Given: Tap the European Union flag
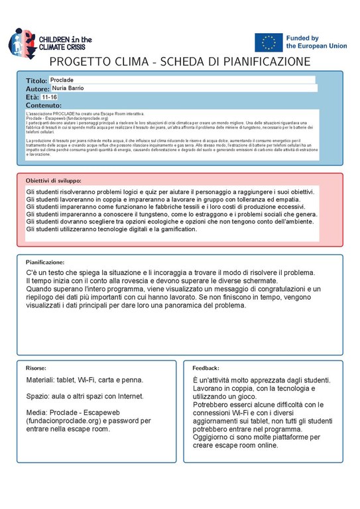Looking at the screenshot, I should [x=269, y=43].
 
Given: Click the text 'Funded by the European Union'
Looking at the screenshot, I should [x=316, y=43].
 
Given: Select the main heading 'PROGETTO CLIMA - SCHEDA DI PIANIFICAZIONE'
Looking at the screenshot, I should [x=180, y=62].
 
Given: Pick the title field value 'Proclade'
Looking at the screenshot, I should [x=62, y=80].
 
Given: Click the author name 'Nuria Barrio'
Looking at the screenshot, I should [x=68, y=88].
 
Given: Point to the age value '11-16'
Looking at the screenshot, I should [x=49, y=97].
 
